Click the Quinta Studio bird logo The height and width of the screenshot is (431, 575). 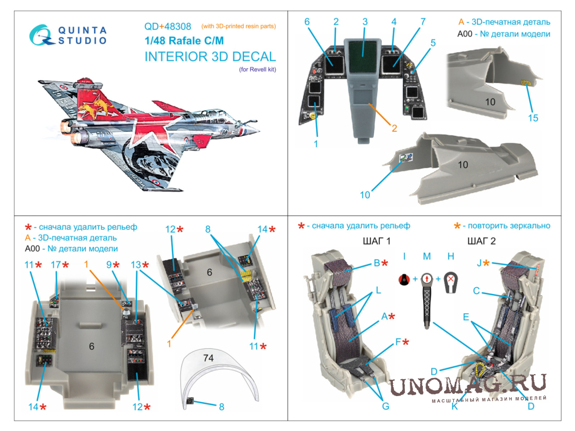click(41, 35)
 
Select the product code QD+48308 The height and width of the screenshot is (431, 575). click(167, 26)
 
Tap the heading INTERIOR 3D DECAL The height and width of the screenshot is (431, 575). click(210, 56)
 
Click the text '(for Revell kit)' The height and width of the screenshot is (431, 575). click(258, 69)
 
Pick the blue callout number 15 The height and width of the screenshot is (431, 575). click(533, 118)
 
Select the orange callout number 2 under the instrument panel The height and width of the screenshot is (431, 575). click(394, 128)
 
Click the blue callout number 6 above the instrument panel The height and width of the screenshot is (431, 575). click(307, 21)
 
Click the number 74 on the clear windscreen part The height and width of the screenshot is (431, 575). click(208, 358)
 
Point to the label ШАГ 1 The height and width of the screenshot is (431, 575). click(377, 241)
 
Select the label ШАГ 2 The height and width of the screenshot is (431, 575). click(481, 241)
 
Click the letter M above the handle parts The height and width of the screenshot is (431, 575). click(427, 256)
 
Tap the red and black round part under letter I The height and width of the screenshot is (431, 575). click(404, 279)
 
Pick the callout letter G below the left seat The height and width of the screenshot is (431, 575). click(386, 406)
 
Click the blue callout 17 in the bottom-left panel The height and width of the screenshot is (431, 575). click(56, 265)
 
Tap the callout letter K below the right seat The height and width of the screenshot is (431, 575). click(455, 406)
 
